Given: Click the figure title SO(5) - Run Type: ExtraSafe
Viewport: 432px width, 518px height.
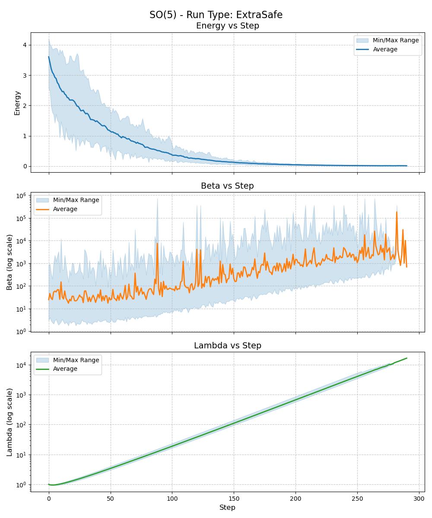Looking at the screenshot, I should (x=216, y=15).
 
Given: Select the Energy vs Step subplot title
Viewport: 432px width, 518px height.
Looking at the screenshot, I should (x=227, y=26).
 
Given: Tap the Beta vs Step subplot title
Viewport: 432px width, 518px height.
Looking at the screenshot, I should (x=227, y=186).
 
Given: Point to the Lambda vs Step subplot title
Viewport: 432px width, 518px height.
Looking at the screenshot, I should (x=227, y=345).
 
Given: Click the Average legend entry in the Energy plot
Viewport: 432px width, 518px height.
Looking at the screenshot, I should (x=385, y=49).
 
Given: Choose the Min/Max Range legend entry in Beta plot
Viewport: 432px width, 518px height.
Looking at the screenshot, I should (x=76, y=200).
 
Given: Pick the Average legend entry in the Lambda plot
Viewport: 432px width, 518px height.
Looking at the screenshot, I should (x=65, y=369).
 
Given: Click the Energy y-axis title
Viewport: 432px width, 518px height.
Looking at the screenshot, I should (x=17, y=103).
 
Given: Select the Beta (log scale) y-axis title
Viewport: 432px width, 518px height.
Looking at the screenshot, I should (x=10, y=262).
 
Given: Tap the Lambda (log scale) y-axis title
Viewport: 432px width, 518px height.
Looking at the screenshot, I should (x=10, y=422).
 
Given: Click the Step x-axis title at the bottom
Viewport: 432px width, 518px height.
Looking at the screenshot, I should (x=227, y=507).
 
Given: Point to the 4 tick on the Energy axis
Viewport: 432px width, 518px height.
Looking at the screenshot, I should (x=25, y=45).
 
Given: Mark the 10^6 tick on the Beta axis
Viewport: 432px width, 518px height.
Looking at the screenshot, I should (x=22, y=196).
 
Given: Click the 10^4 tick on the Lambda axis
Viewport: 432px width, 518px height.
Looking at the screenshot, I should (x=22, y=365).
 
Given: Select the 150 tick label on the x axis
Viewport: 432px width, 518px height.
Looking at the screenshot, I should (x=234, y=499).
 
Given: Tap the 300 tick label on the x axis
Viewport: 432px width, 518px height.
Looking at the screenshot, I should (x=419, y=499).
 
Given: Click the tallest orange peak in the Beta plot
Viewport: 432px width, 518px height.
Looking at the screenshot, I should (x=397, y=212).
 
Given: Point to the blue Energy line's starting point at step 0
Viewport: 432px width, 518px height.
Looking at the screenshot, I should (x=49, y=57).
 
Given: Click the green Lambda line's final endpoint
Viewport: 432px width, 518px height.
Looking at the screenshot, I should (x=407, y=358).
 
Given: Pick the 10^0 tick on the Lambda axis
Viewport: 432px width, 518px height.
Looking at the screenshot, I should (x=22, y=485).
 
